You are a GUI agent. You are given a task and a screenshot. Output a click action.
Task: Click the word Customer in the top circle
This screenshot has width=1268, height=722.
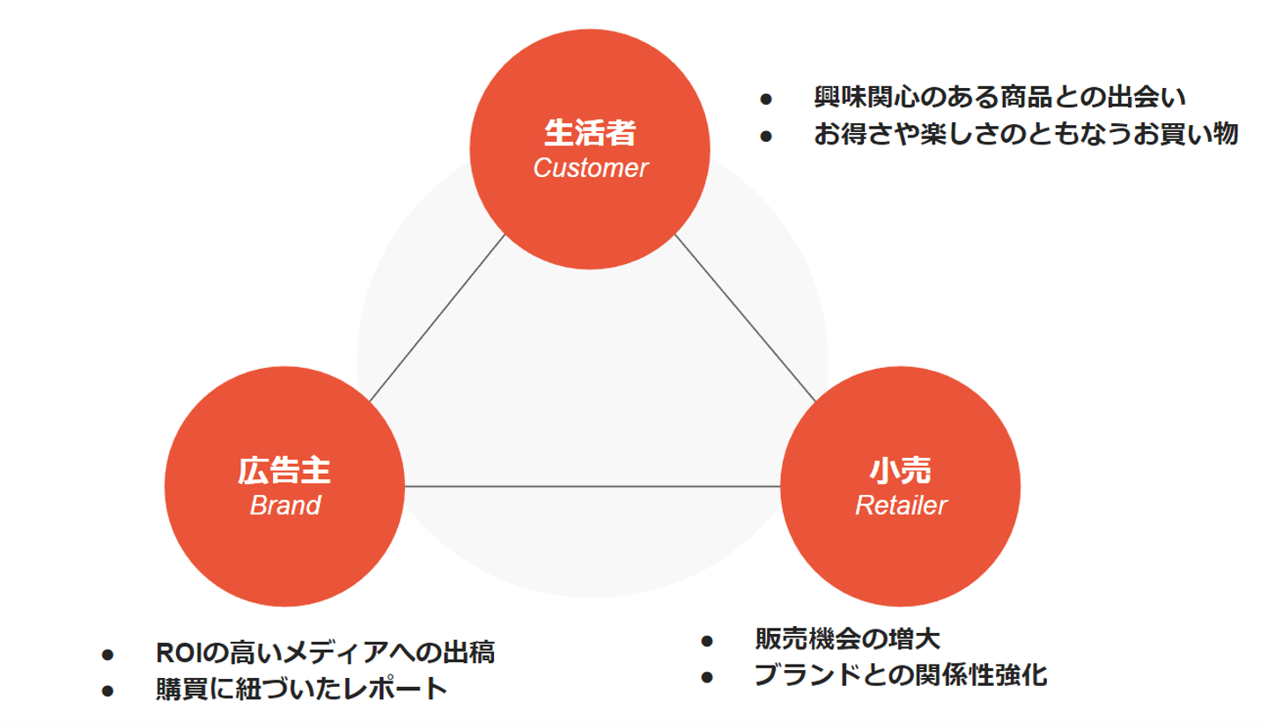590,167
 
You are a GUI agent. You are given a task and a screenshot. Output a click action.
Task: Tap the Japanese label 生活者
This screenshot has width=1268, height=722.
590,134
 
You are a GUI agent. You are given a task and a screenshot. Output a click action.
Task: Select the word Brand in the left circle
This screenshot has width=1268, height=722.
284,505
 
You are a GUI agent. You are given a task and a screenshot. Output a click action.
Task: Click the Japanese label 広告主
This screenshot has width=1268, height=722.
284,471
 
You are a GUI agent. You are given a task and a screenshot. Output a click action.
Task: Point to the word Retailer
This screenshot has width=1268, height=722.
901,505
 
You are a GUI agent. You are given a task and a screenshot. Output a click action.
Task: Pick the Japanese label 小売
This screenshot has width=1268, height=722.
901,471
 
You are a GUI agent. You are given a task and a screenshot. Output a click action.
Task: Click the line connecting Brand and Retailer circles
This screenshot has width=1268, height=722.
592,486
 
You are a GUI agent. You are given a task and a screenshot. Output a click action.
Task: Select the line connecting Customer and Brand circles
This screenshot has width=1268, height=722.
438,318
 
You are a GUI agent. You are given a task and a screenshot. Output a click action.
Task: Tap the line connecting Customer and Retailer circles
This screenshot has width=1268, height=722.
745,318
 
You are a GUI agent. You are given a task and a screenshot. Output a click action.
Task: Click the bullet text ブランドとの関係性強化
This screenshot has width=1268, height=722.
900,675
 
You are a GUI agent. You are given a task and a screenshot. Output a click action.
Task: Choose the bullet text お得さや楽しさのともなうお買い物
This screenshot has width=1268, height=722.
1026,134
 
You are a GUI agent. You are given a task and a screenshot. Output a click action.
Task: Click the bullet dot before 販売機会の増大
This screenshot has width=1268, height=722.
706,640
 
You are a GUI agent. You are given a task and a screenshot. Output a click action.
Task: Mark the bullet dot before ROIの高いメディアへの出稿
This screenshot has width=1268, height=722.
108,654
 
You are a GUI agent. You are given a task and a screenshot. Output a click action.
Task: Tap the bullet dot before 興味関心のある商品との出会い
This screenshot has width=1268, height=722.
766,98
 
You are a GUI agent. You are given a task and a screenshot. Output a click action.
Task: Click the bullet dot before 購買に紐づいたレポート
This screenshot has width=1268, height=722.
108,689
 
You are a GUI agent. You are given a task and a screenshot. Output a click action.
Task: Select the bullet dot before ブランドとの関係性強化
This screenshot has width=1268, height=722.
706,676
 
